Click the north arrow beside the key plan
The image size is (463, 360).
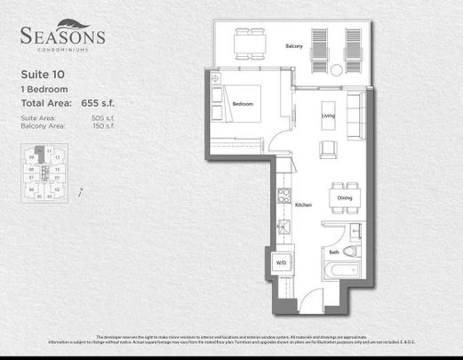[81, 189]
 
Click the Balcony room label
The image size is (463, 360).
[295, 46]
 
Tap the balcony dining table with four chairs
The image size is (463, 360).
[249, 44]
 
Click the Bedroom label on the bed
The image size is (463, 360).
[243, 105]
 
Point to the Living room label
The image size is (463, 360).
[327, 116]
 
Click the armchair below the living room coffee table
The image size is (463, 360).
[326, 150]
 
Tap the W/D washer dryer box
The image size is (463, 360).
[281, 264]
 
